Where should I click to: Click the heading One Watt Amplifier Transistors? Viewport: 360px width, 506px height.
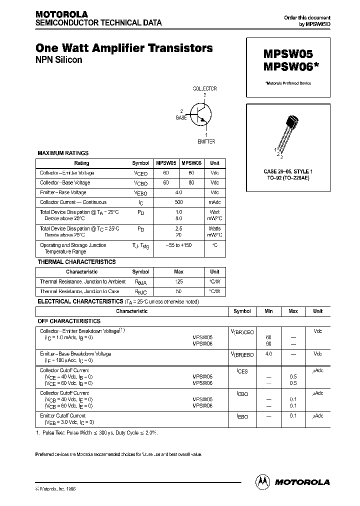124,48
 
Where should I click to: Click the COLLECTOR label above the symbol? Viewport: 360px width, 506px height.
205,88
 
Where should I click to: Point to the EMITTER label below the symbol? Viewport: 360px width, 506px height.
206,141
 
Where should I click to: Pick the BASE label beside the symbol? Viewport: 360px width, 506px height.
181,117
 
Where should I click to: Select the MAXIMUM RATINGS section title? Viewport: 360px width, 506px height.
63,153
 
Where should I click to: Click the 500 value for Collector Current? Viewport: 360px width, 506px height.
179,202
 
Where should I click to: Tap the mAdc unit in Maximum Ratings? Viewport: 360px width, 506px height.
214,202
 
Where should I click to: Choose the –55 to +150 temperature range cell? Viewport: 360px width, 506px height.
179,245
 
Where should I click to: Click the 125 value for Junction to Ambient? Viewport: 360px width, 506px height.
179,281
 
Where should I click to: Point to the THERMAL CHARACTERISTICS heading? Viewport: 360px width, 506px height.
76,262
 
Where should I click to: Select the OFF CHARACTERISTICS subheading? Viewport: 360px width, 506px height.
69,321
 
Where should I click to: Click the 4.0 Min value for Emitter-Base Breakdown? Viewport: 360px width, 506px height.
268,354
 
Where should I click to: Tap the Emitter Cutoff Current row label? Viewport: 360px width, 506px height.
62,415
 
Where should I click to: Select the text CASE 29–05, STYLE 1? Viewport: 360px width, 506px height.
287,171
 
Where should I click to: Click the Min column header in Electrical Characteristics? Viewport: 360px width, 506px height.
268,311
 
